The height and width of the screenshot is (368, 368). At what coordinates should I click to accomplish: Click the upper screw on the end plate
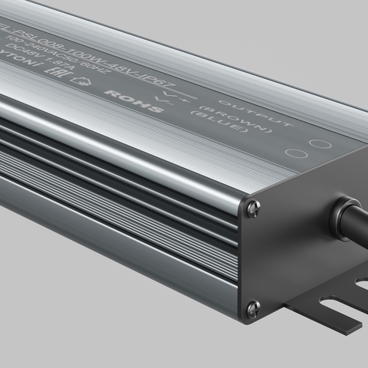253,207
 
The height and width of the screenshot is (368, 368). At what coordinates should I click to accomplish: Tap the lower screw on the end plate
253,308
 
